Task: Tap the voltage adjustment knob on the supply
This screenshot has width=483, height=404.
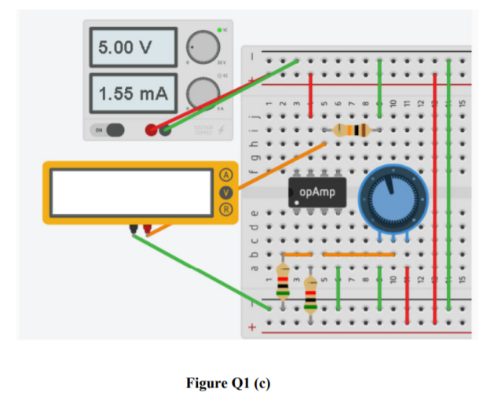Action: click(201, 46)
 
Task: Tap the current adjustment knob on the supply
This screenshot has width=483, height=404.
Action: click(201, 92)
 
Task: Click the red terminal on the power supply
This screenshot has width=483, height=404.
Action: click(151, 130)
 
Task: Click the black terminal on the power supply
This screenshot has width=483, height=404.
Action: click(165, 130)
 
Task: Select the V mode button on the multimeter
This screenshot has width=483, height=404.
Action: click(227, 192)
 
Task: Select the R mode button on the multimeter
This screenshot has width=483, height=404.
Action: click(227, 209)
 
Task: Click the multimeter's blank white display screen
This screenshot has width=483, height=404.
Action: click(132, 193)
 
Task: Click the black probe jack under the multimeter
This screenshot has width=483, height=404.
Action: click(134, 230)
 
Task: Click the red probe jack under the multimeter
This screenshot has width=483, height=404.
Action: click(146, 230)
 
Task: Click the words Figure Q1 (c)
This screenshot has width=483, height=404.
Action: click(229, 384)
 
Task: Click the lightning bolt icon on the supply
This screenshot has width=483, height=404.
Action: click(221, 129)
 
